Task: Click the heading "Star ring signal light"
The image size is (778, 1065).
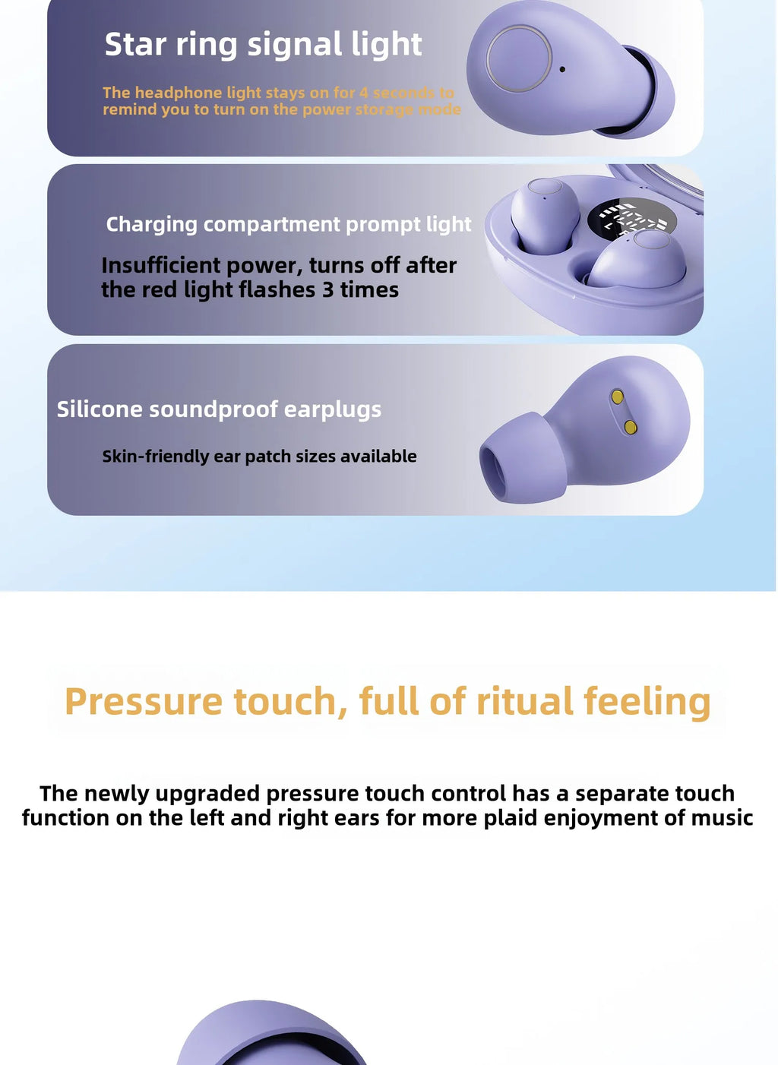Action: (263, 44)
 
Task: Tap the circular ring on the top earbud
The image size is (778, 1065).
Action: (519, 58)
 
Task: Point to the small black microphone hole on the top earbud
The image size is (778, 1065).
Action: (562, 69)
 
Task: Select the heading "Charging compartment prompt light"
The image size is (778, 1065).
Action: (289, 224)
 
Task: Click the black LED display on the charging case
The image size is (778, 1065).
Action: (628, 219)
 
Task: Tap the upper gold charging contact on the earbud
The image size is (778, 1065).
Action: (618, 397)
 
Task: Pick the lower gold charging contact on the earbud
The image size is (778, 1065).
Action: (630, 427)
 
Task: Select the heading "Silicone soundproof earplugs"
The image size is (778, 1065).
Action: (219, 409)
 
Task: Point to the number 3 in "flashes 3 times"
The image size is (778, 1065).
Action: (327, 290)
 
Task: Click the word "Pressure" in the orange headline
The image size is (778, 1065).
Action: (144, 701)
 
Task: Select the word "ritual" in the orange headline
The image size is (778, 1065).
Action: (524, 701)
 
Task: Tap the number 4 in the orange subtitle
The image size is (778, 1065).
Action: (364, 93)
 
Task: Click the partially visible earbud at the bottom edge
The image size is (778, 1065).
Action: (272, 1036)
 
